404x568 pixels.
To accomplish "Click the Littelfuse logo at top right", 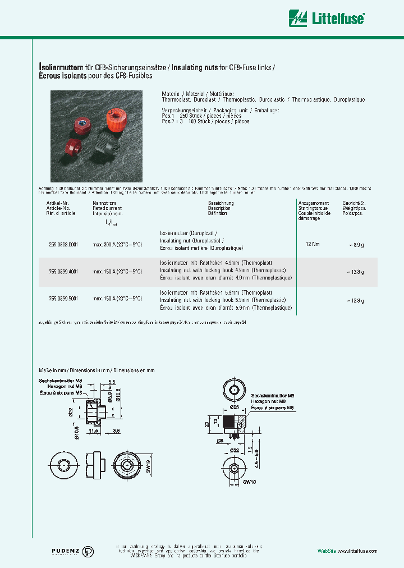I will [327, 19].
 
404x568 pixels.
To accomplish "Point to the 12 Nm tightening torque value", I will [313, 245].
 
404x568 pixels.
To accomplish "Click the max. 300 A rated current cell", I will [117, 245].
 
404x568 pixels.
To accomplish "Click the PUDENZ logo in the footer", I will [68, 551].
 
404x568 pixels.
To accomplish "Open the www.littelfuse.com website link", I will [357, 551].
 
